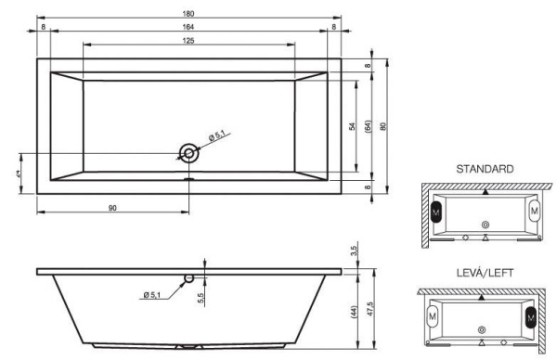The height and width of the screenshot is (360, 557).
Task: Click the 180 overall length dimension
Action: pyautogui.click(x=188, y=12)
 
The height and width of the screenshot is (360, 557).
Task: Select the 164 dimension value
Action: pyautogui.click(x=188, y=27)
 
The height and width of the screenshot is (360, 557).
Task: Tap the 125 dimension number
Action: pyautogui.click(x=188, y=41)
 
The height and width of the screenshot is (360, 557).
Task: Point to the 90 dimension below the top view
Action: pyautogui.click(x=112, y=208)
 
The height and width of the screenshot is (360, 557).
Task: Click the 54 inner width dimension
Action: pyautogui.click(x=353, y=126)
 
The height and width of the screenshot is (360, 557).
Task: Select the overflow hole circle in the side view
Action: pyautogui.click(x=188, y=277)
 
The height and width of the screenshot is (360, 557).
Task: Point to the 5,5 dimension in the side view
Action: pyautogui.click(x=201, y=298)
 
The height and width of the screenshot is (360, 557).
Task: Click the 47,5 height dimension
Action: pyautogui.click(x=369, y=308)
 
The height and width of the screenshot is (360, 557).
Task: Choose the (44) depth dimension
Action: pyautogui.click(x=353, y=313)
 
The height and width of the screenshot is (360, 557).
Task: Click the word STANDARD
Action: pyautogui.click(x=484, y=170)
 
